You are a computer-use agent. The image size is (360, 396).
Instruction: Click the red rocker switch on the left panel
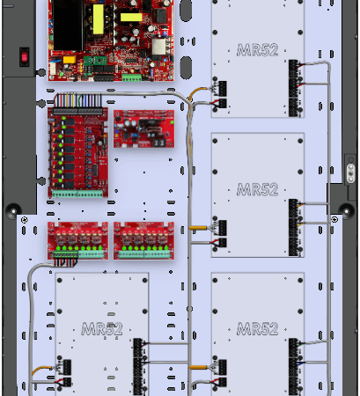pos(25,57)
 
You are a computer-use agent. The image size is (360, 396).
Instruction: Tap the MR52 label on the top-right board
pos(257,50)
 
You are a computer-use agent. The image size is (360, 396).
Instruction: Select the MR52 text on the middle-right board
pos(257,189)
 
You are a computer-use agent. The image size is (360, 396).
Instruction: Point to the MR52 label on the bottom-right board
pos(257,328)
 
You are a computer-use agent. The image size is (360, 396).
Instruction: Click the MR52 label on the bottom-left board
pos(102,328)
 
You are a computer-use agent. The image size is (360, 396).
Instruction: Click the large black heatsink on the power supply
pos(68,26)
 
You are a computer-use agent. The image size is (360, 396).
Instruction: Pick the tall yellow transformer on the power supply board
pos(99,19)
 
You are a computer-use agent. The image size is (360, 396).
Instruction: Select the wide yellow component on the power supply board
pos(131,17)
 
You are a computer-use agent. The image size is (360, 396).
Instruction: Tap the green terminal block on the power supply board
pos(132,77)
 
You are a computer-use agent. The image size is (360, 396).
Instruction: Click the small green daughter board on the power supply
pos(95,61)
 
